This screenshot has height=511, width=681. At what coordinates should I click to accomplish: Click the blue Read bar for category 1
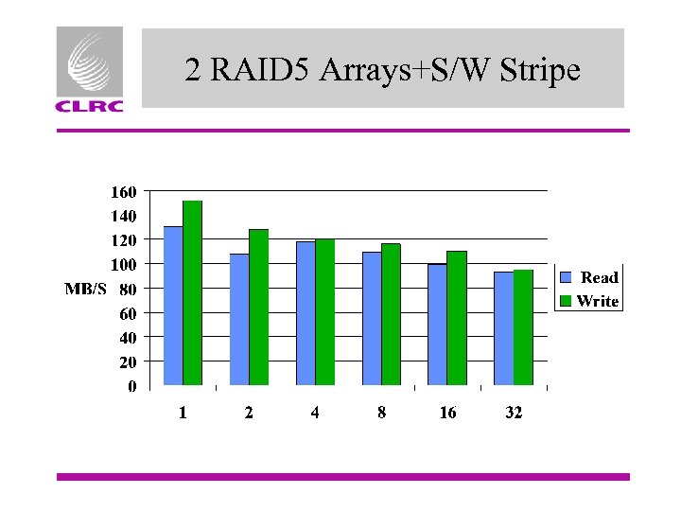click(x=173, y=306)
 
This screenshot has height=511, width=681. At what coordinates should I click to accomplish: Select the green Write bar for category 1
click(x=193, y=293)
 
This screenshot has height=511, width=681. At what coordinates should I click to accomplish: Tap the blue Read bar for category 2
click(x=239, y=319)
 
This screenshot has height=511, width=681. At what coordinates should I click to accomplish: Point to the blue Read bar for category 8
click(x=372, y=319)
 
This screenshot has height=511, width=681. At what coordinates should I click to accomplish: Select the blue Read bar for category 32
click(x=503, y=328)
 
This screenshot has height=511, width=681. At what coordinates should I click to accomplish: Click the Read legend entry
click(x=589, y=277)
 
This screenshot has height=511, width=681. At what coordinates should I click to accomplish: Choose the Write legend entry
click(x=589, y=301)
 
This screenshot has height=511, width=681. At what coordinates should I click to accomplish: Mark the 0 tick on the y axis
click(x=132, y=386)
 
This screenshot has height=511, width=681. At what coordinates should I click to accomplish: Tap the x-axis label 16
click(x=447, y=414)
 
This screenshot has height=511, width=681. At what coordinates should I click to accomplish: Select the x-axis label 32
click(x=514, y=414)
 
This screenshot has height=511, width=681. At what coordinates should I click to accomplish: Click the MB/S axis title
click(x=85, y=288)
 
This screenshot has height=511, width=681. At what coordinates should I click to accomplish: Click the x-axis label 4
click(x=315, y=414)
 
